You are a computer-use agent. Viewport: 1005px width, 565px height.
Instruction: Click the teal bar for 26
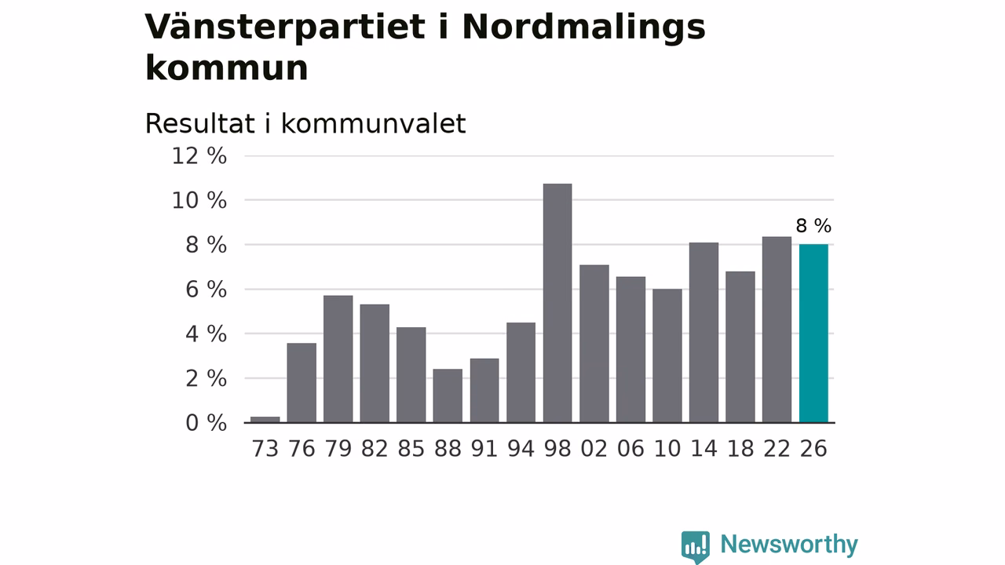(x=813, y=334)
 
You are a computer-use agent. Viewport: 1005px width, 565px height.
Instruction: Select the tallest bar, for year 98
(x=557, y=303)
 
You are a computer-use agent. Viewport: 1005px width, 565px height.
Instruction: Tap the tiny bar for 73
(x=265, y=420)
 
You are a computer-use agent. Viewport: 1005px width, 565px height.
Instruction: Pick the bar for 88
(x=448, y=396)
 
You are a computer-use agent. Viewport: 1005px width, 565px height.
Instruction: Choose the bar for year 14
(x=704, y=332)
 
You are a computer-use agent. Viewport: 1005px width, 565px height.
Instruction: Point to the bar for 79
(x=338, y=359)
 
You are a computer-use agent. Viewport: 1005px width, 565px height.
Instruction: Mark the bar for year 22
(x=777, y=330)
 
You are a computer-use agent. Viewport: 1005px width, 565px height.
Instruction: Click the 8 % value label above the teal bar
(x=813, y=225)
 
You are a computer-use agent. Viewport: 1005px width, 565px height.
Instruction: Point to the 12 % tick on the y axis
(x=199, y=156)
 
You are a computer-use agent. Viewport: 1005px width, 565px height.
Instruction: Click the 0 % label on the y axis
(x=206, y=423)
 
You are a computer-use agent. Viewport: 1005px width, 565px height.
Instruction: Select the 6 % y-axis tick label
(x=206, y=290)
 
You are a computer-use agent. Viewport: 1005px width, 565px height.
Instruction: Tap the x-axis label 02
(x=594, y=449)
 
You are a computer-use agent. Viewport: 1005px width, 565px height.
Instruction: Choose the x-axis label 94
(x=521, y=449)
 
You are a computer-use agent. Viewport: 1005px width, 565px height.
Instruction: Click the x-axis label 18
(x=740, y=449)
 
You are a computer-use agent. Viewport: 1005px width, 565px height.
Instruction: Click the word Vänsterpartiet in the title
(x=285, y=27)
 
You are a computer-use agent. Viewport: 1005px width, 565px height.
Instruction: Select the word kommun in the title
(x=227, y=68)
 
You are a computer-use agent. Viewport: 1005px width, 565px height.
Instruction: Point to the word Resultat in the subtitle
(x=200, y=123)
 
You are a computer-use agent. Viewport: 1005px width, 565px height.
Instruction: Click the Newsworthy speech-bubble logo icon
(x=696, y=547)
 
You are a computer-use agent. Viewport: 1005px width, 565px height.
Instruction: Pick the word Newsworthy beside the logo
(x=789, y=545)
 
